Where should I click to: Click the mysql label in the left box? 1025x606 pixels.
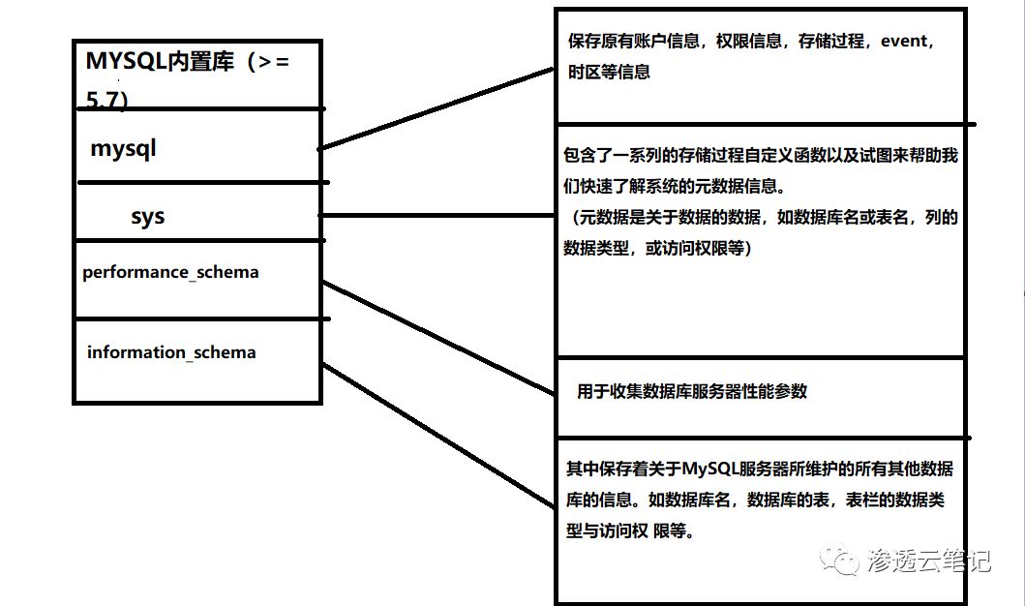coord(123,149)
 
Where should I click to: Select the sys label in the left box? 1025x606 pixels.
coord(148,216)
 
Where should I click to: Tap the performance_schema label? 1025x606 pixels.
coord(170,272)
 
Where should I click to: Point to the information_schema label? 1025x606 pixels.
coord(171,352)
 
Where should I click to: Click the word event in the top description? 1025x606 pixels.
coord(903,42)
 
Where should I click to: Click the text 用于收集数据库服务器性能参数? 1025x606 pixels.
coord(692,391)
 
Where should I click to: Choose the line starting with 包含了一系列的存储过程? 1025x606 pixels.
coord(760,156)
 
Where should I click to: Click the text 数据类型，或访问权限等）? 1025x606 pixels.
coord(657,249)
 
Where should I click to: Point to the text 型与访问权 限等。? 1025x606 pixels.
coord(630,531)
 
